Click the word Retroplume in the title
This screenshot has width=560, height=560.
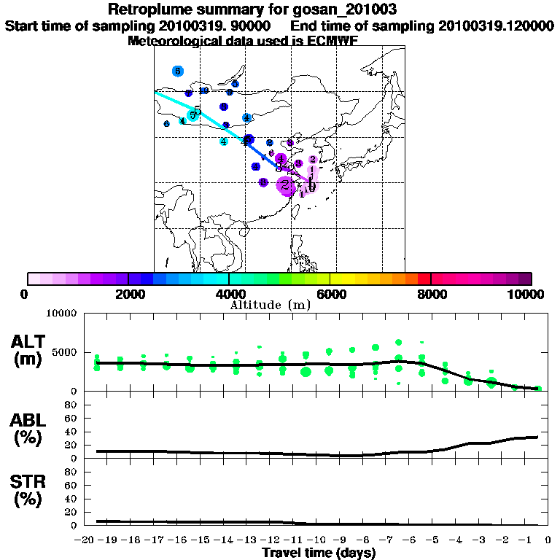tap(147, 9)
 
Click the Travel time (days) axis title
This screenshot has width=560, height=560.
tap(319, 553)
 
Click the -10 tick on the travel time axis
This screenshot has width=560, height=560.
tap(316, 540)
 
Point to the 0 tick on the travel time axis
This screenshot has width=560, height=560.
tap(548, 540)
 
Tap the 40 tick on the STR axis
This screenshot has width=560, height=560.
tap(72, 499)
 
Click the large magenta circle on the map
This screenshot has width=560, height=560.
tap(286, 185)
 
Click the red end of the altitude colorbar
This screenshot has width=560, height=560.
tap(424, 279)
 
